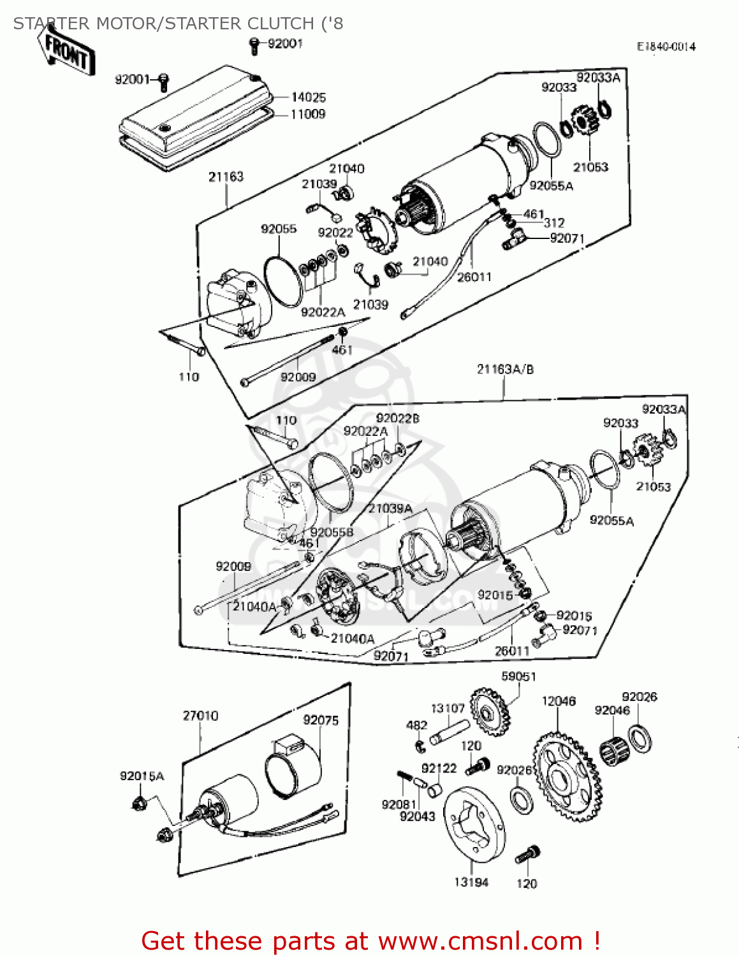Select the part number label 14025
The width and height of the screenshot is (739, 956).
tap(308, 98)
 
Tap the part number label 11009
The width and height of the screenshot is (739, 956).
tap(307, 114)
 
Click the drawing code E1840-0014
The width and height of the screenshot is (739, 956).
tap(666, 47)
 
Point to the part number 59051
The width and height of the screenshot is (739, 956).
tap(518, 676)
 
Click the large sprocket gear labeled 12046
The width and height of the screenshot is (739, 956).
tap(566, 777)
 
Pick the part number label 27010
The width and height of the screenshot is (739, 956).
tap(200, 716)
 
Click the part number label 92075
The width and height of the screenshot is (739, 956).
tap(321, 720)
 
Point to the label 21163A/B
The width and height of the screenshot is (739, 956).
tap(505, 370)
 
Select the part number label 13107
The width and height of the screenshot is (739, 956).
tap(448, 709)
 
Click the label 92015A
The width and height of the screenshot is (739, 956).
tap(142, 776)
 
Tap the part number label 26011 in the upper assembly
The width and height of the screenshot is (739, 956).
tap(474, 277)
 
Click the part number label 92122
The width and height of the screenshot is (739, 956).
tap(439, 769)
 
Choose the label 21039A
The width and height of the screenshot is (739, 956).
tap(390, 509)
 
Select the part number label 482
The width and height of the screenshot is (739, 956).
tap(416, 725)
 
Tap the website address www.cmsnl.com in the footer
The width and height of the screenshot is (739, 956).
tap(480, 941)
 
